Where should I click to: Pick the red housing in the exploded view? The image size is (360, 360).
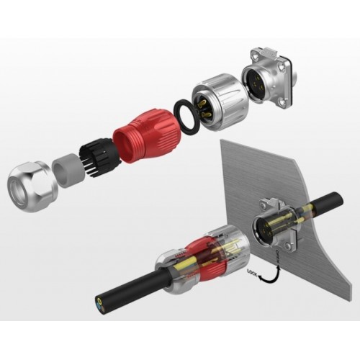click(x=147, y=136)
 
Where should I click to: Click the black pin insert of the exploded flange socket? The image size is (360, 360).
click(x=259, y=83)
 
